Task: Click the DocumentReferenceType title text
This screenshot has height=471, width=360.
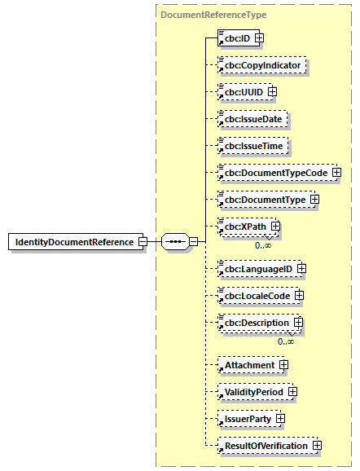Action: pyautogui.click(x=213, y=15)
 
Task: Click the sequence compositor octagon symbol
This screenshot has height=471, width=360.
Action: pyautogui.click(x=176, y=242)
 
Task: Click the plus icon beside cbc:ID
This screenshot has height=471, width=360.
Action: pyautogui.click(x=259, y=37)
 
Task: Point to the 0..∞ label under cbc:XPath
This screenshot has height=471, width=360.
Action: pyautogui.click(x=263, y=245)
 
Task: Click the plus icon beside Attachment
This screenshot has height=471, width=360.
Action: pyautogui.click(x=283, y=365)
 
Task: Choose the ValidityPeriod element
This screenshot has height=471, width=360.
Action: pyautogui.click(x=253, y=392)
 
